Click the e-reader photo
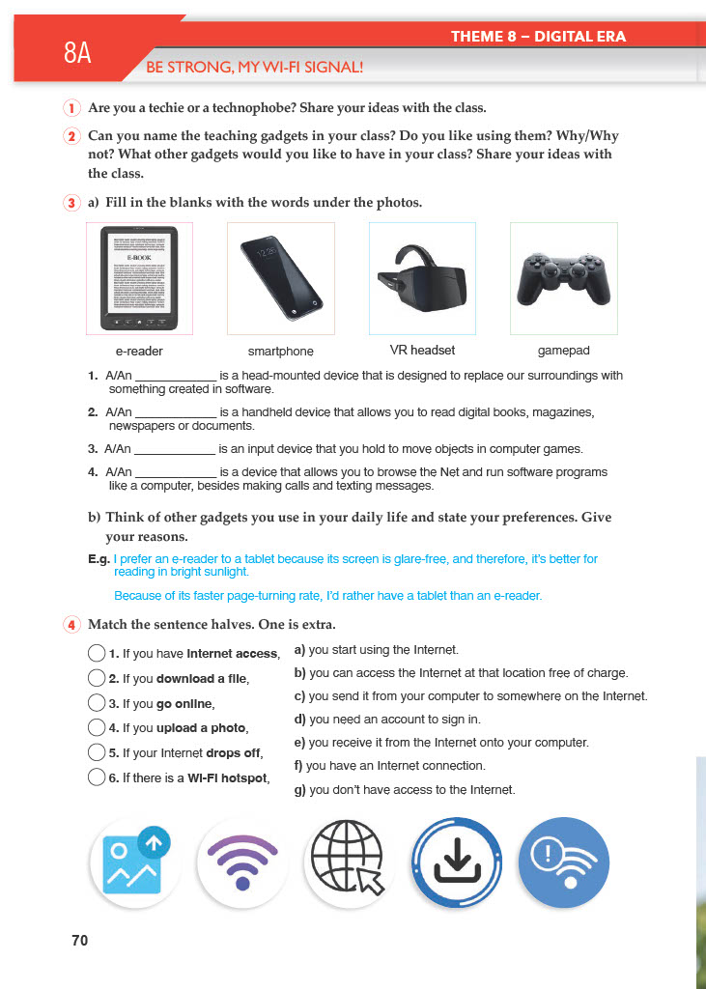140,278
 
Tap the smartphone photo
280,278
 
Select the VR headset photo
422,278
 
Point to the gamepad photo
563,278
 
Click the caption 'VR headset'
422,351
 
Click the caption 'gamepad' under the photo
563,351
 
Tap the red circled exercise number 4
72,625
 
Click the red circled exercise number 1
72,107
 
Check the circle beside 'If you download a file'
96,678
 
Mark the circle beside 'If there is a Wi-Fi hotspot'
96,777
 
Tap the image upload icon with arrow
135,862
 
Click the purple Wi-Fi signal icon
242,862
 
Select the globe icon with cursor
349,862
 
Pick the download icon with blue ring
457,862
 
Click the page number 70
80,939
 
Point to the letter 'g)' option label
299,790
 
